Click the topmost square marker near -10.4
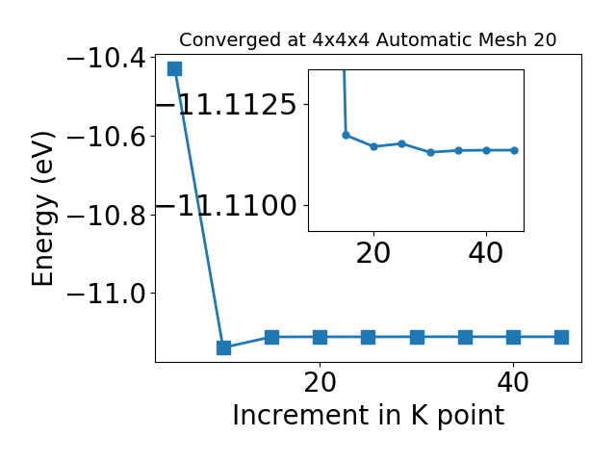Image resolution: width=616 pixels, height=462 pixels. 175,68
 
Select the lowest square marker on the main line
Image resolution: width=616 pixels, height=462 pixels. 223,347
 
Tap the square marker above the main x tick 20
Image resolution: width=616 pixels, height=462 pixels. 321,337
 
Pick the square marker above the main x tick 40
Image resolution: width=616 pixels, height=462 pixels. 513,337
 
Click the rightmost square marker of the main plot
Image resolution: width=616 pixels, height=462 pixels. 562,337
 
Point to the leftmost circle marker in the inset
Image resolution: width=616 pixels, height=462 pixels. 346,135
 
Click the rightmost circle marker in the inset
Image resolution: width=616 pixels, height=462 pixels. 514,150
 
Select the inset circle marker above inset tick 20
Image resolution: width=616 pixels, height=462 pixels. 374,146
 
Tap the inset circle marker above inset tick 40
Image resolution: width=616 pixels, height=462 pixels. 486,150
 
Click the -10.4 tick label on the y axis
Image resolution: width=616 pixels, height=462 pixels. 106,59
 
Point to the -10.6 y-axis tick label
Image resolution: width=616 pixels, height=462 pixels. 106,137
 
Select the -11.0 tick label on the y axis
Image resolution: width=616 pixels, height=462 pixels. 106,294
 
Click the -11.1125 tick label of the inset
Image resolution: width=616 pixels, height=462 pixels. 226,105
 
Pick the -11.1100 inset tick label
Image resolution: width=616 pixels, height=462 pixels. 226,206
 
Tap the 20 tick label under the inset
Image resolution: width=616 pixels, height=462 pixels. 373,253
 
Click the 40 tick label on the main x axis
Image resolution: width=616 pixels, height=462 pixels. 513,382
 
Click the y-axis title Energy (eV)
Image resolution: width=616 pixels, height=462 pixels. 42,209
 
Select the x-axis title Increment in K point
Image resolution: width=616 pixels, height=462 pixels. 368,416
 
